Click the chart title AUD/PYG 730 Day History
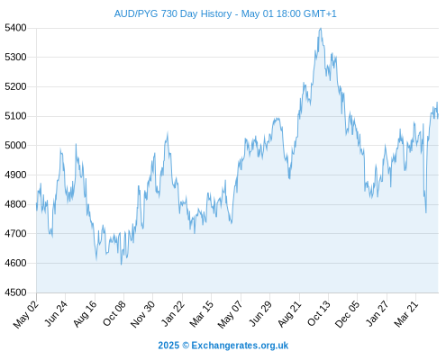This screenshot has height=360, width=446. coord(173,13)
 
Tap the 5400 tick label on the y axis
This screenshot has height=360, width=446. coord(15,28)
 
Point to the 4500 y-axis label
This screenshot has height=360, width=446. coord(15,292)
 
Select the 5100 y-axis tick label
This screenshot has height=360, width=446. coord(15,116)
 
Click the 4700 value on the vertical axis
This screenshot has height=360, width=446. coord(15,233)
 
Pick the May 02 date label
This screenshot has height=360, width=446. coord(26,314)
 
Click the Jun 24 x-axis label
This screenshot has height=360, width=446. coord(56,313)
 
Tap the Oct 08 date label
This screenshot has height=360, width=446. coord(114,313)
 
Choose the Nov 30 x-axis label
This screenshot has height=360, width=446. coord(143,314)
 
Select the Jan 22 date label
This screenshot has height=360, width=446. coord(173,313)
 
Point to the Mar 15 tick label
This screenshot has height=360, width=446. coord(202,313)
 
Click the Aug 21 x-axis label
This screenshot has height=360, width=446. coord(289,313)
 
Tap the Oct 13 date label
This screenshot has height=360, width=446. coord(319,313)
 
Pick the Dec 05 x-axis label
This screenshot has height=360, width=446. coord(347,314)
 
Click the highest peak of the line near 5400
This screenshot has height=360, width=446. coord(321,29)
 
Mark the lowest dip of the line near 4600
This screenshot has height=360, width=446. coord(122,265)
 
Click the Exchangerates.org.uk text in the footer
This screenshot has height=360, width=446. coord(240,346)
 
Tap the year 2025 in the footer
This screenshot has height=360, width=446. coord(168,346)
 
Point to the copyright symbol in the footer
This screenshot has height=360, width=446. coord(186,346)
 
